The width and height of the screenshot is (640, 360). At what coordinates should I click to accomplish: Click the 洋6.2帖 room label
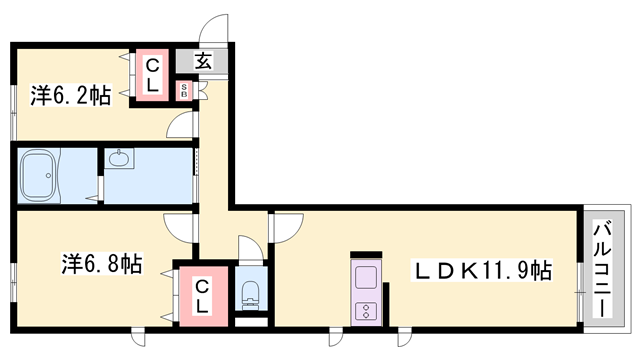click(x=70, y=96)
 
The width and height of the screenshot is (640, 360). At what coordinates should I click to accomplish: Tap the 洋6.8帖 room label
click(x=102, y=263)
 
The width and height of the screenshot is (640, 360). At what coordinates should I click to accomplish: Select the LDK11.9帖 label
click(x=483, y=271)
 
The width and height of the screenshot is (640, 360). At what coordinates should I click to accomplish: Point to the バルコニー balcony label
click(x=603, y=269)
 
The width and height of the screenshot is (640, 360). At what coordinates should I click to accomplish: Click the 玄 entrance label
click(x=203, y=61)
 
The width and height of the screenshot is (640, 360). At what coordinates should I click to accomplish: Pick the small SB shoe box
click(x=184, y=91)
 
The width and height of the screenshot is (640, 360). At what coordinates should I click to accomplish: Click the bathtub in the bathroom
click(x=38, y=176)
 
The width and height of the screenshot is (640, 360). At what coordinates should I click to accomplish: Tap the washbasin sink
click(x=119, y=158)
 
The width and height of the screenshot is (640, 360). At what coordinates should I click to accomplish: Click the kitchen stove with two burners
click(x=365, y=311)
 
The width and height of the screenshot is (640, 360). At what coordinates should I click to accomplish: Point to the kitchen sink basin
click(x=365, y=277)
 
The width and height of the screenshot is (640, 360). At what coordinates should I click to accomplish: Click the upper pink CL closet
click(x=152, y=75)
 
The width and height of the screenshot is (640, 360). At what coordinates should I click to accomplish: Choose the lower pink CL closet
click(x=203, y=296)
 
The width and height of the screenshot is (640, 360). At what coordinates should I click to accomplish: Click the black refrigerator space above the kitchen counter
click(x=366, y=254)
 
